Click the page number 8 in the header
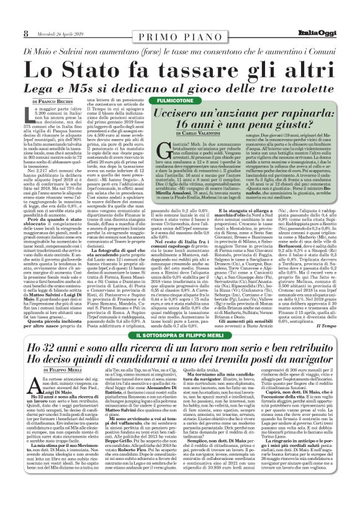pos(9,13)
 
